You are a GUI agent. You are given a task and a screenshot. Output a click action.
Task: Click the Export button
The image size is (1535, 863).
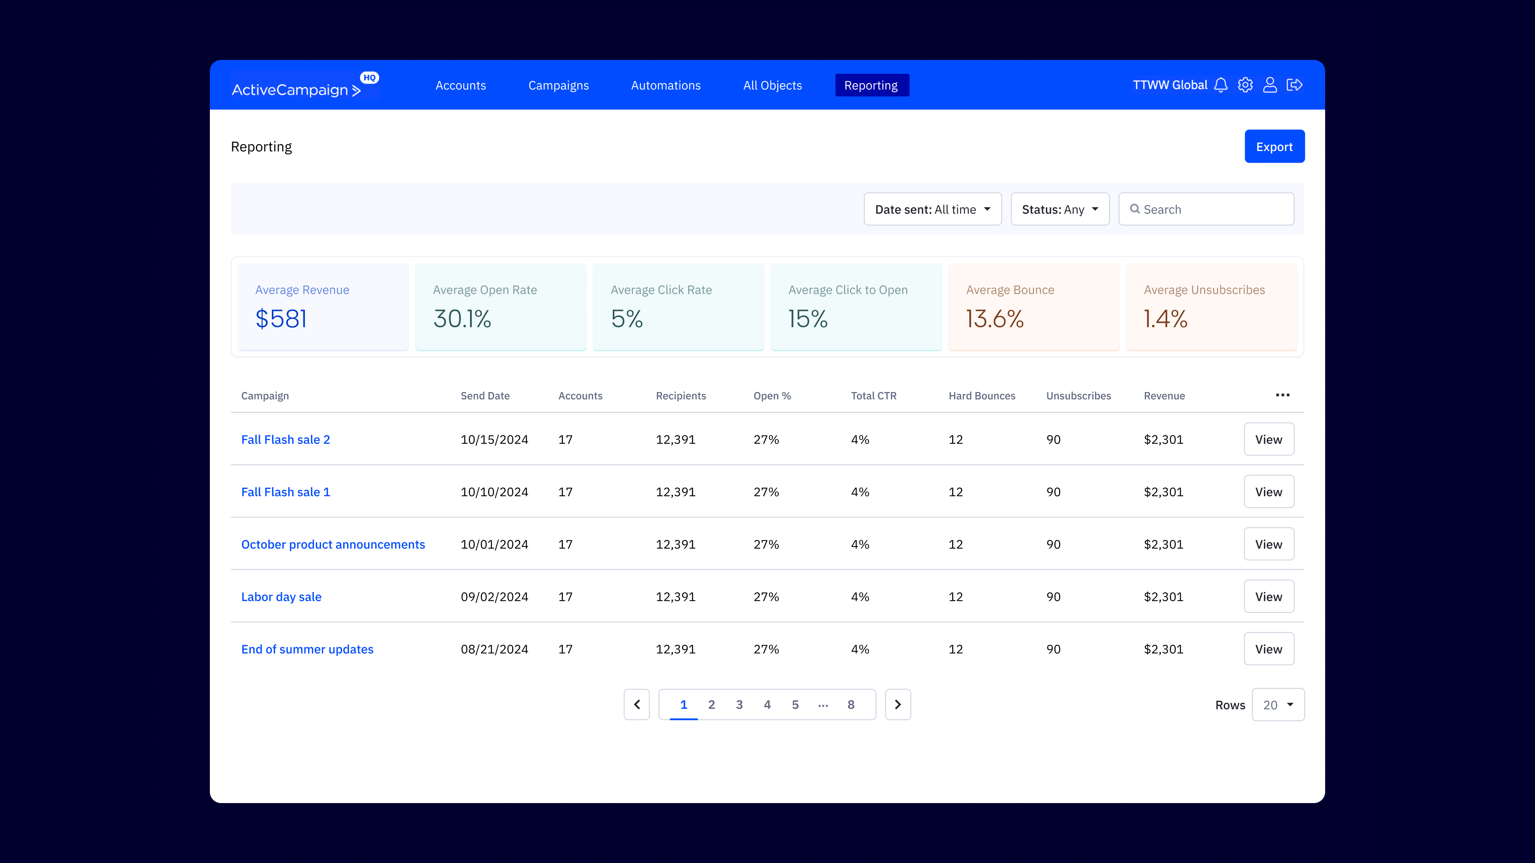(1274, 147)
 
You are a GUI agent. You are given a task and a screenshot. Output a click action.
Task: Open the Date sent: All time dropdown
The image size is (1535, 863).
(932, 209)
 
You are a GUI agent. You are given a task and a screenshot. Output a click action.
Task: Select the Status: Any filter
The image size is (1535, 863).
(1059, 209)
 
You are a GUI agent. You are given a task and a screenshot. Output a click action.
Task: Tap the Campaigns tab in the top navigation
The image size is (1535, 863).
(558, 85)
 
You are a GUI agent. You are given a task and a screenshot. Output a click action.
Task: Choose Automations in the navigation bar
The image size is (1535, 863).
(666, 85)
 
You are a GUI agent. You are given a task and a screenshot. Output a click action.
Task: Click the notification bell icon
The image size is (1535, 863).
(1220, 85)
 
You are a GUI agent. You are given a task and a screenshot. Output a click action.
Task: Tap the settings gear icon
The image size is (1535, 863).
(1245, 85)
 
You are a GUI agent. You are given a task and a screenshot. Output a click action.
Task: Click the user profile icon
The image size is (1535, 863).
(1270, 85)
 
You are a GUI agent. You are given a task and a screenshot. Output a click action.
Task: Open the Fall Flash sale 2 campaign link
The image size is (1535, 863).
(285, 439)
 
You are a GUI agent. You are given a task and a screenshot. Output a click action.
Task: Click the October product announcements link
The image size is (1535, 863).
(333, 544)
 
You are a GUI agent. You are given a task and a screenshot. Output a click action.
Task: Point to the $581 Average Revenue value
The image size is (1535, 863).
(281, 319)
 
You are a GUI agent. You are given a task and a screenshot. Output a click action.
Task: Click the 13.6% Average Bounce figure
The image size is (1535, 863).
(995, 319)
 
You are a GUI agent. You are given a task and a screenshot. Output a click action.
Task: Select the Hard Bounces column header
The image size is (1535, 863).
(981, 396)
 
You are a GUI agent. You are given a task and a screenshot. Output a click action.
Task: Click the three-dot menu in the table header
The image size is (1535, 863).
(1282, 396)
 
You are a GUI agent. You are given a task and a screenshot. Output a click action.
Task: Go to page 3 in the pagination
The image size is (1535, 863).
(739, 704)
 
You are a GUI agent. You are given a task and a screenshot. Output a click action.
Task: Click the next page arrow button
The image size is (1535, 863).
(897, 704)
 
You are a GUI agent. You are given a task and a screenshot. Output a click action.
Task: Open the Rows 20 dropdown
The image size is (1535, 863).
(1278, 704)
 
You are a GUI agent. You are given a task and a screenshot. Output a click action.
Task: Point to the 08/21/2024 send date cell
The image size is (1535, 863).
(494, 649)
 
